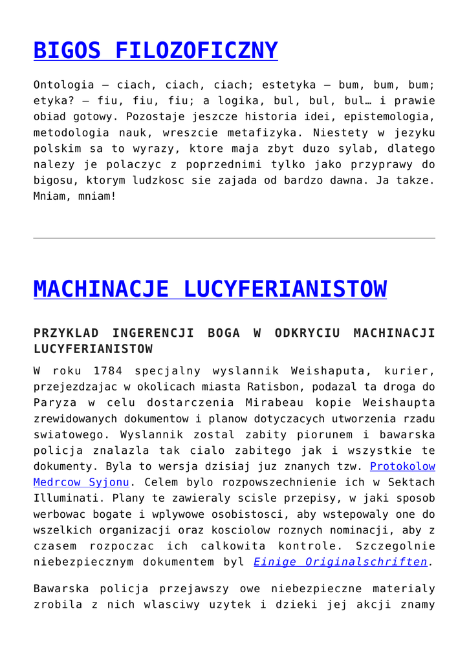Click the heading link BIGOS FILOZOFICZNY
pyautogui.click(x=155, y=50)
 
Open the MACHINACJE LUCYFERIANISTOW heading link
pyautogui.click(x=210, y=289)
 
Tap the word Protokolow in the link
pyautogui.click(x=402, y=466)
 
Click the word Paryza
pyautogui.click(x=54, y=403)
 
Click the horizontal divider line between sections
pyautogui.click(x=234, y=239)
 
